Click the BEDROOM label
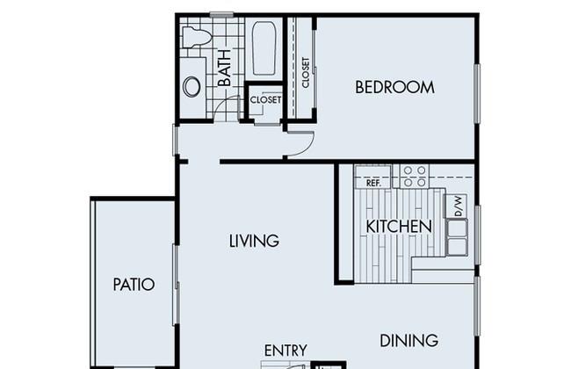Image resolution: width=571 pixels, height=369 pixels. (394, 88)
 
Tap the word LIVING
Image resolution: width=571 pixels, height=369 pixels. (254, 241)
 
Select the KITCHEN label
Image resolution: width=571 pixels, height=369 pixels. (399, 227)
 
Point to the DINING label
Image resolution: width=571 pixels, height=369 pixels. (409, 341)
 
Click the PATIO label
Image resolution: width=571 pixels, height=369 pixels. (134, 285)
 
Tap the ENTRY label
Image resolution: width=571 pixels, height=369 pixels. (285, 351)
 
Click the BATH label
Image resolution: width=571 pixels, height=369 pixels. (224, 69)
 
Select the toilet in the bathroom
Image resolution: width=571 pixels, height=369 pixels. (197, 37)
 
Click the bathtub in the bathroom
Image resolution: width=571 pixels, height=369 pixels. (264, 48)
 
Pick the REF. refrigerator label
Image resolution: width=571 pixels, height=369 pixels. (373, 183)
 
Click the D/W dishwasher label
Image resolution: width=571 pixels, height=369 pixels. (459, 206)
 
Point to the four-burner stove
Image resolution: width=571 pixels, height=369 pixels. (415, 177)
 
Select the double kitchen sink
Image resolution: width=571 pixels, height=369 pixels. (457, 237)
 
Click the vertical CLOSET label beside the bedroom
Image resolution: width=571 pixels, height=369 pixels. (306, 73)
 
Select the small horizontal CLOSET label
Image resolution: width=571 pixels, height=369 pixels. (265, 100)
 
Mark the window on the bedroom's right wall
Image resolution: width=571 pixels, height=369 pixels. (477, 94)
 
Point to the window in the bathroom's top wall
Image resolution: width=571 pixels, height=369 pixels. (221, 15)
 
